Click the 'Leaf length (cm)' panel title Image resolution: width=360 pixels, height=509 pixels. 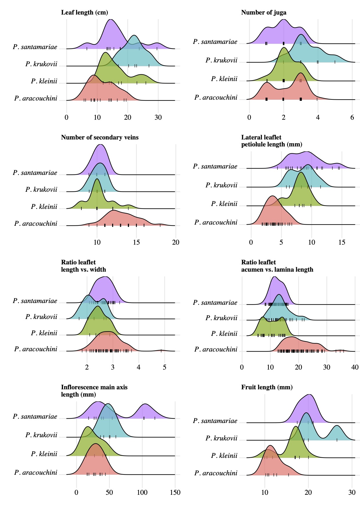(x=84, y=12)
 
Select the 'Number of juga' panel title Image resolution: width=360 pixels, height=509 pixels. (x=264, y=12)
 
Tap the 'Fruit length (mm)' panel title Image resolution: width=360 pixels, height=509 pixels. (x=267, y=387)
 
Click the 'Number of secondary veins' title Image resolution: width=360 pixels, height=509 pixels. (x=100, y=137)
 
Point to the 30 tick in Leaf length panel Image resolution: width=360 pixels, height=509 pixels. (x=158, y=117)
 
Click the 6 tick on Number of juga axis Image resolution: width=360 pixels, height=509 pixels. (x=352, y=117)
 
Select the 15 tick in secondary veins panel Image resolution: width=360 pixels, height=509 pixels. (x=136, y=242)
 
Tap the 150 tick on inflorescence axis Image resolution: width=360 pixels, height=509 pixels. (x=175, y=492)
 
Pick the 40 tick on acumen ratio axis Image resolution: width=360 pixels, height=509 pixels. (x=355, y=367)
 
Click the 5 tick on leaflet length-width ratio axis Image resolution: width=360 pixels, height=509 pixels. (x=164, y=367)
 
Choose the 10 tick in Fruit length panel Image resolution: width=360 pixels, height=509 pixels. (x=265, y=492)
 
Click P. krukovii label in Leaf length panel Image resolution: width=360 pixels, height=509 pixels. (x=41, y=64)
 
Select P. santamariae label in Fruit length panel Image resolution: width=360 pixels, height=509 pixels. (x=215, y=421)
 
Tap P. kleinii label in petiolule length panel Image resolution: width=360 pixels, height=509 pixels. (x=224, y=204)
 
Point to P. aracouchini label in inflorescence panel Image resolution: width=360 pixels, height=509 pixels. (x=36, y=473)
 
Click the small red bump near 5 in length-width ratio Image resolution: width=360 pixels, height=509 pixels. (x=161, y=350)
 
